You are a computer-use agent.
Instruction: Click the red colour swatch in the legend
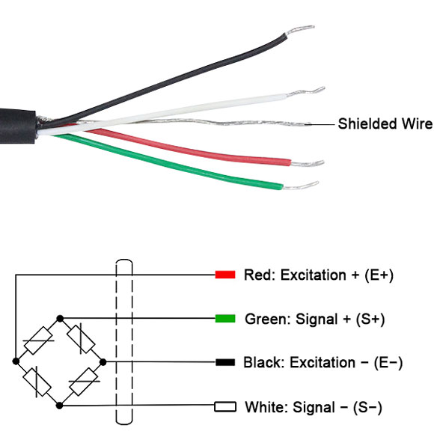[225, 275]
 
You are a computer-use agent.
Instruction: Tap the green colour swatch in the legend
[225, 319]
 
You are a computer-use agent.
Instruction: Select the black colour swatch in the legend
[225, 363]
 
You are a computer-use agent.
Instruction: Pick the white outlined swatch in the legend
[225, 407]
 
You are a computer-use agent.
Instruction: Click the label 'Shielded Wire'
[385, 123]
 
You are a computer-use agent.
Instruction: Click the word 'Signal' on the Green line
[307, 319]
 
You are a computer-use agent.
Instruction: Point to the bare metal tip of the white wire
[315, 93]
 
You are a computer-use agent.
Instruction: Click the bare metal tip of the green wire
[299, 186]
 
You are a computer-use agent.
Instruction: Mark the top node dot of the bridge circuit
[60, 318]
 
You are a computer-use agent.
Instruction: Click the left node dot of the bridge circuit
[16, 362]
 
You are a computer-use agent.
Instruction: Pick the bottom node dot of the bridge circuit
[60, 406]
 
